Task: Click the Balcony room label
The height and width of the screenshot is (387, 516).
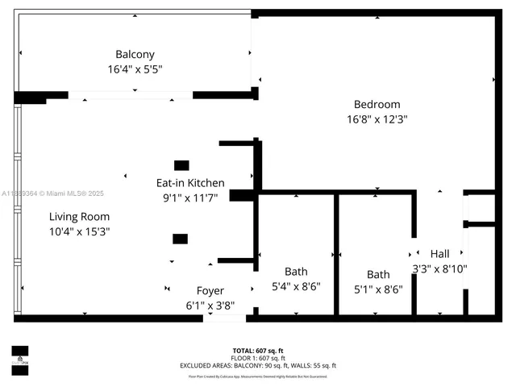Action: (x=135, y=54)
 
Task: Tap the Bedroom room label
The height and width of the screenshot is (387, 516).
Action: (x=377, y=104)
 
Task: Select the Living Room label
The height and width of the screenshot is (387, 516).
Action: (x=79, y=216)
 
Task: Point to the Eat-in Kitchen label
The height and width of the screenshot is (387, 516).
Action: (x=190, y=183)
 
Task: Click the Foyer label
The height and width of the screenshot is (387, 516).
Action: (x=210, y=290)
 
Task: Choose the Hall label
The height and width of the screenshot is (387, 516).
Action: (x=439, y=253)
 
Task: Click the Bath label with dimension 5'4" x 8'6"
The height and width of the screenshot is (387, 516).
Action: (x=296, y=272)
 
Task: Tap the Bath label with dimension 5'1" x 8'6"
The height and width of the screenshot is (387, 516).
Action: (x=378, y=274)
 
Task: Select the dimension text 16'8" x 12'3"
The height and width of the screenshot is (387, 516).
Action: (x=377, y=119)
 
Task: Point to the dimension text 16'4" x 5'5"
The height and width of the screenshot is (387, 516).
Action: (x=135, y=69)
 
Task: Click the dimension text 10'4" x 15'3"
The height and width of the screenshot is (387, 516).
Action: (x=79, y=231)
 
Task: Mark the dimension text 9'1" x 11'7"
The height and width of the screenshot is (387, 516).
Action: (x=190, y=198)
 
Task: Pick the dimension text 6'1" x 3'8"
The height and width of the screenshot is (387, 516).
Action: (x=210, y=306)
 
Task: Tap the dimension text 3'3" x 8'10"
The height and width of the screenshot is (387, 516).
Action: (x=439, y=268)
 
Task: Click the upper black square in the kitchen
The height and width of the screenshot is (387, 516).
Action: (x=181, y=165)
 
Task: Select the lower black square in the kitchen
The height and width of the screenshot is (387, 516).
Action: (x=180, y=239)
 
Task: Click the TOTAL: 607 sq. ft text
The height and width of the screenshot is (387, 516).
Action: (x=258, y=351)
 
